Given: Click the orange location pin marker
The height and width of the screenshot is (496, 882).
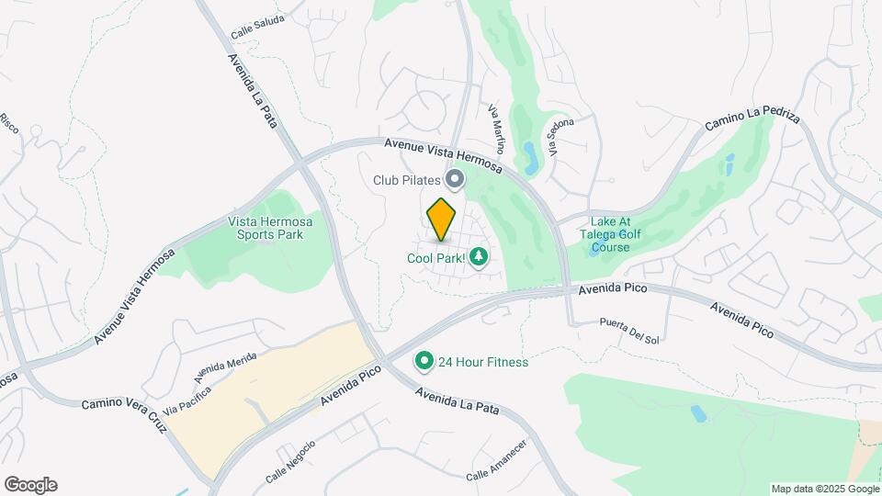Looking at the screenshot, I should [x=442, y=220].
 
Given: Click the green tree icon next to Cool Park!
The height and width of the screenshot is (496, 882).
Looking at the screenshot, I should [x=478, y=257].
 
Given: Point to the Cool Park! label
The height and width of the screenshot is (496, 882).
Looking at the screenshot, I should [x=436, y=258].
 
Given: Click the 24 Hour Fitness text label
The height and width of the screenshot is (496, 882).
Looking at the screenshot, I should [x=483, y=362].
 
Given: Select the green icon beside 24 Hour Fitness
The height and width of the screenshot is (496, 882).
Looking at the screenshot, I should [x=424, y=362].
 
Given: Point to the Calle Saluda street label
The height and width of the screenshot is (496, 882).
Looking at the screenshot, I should [x=256, y=26].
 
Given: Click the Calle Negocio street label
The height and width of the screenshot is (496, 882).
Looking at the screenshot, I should [x=290, y=462].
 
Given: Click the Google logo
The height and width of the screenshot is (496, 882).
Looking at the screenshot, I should [x=30, y=485].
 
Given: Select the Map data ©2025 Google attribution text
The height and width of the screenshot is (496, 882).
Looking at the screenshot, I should [x=824, y=489].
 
